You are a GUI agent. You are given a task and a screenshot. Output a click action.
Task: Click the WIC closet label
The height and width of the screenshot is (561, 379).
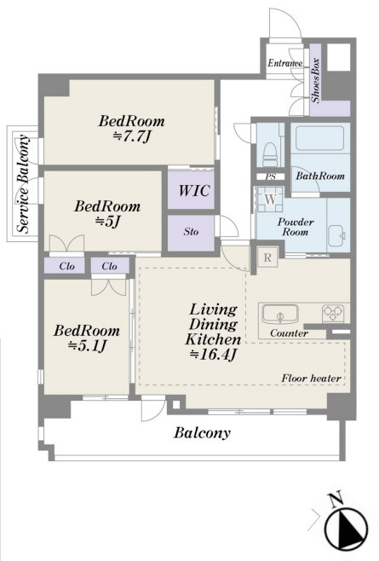(x=193, y=190)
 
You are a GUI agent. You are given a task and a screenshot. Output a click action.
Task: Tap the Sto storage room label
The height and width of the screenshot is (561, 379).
(x=191, y=232)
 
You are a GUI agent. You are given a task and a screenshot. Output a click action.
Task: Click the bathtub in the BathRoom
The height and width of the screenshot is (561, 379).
(x=320, y=139)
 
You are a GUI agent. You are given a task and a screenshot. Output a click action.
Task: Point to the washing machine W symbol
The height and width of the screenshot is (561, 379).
(x=271, y=200)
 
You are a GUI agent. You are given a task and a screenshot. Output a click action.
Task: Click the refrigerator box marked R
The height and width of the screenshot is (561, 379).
(x=267, y=257)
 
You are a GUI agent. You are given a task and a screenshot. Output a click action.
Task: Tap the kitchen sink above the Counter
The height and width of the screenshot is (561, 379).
(x=280, y=314)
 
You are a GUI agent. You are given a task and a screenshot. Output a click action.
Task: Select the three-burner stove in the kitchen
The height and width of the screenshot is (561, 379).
(x=333, y=313)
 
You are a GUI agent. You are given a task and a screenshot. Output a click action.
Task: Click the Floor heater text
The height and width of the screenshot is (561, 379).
(x=311, y=379)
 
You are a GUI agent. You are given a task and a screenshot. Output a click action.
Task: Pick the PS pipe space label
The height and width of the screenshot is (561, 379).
(x=270, y=176)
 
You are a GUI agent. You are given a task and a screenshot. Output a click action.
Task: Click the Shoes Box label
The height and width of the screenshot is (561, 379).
(x=315, y=80)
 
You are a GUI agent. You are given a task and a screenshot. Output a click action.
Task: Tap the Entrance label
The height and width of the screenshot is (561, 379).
(x=285, y=63)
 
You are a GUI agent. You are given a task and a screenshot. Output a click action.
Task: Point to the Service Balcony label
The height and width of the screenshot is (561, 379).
(x=24, y=184)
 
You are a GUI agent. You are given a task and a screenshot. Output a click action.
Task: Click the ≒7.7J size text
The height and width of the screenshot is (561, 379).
(x=131, y=136)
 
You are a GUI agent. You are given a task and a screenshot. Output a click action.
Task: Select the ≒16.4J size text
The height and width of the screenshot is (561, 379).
(x=213, y=354)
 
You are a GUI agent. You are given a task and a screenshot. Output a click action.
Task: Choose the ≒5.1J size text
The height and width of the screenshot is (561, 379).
(x=87, y=345)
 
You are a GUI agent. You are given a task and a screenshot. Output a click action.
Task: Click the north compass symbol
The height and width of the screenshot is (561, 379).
(x=346, y=528)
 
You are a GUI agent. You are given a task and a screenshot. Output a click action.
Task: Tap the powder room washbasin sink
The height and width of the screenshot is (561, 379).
(x=336, y=235)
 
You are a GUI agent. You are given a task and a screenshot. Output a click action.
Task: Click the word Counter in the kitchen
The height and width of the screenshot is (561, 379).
(x=289, y=333)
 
